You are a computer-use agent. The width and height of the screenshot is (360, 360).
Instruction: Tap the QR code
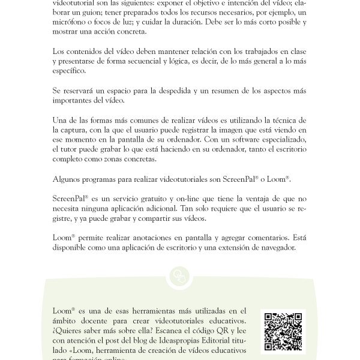[x=283, y=331]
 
